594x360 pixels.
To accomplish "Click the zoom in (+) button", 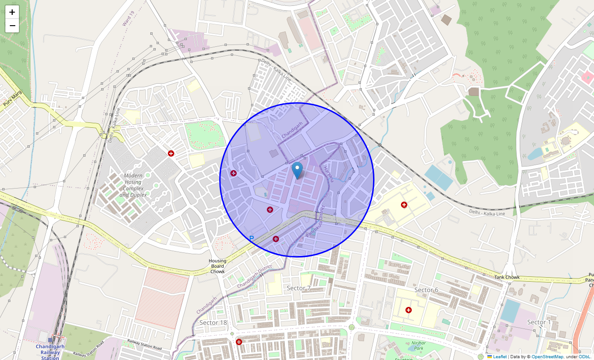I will click(12, 13).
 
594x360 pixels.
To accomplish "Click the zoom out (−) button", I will click(12, 26).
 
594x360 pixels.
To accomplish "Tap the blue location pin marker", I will click(297, 171).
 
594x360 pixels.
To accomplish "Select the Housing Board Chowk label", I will click(217, 266).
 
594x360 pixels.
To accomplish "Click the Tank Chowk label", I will click(507, 277).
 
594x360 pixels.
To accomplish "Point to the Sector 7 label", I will click(299, 288).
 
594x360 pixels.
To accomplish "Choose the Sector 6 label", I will click(426, 290).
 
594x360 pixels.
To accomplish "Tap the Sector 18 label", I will click(213, 323).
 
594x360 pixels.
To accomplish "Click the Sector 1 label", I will click(539, 322).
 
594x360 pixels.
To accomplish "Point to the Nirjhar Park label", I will click(418, 345).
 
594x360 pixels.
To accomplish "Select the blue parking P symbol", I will click(252, 238).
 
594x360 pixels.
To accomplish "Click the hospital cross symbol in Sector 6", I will click(409, 310).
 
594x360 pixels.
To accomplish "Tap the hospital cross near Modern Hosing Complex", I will click(171, 153).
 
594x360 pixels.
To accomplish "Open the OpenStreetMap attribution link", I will click(547, 357).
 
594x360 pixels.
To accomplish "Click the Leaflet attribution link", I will click(499, 357).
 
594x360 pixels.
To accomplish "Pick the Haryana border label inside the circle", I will click(329, 174).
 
